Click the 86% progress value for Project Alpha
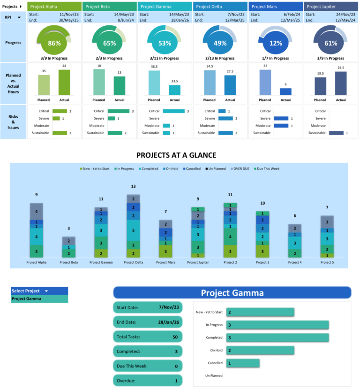click(54, 43)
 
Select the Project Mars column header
click(276, 7)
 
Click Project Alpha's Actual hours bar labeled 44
click(64, 83)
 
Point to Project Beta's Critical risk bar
click(119, 111)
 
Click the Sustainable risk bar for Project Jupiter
click(336, 133)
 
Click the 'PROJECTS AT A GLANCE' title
click(176, 155)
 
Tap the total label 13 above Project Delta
click(133, 186)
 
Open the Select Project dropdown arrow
click(46, 291)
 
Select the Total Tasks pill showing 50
click(147, 336)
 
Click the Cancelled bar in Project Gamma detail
click(243, 363)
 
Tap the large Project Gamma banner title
click(232, 293)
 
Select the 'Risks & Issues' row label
click(13, 122)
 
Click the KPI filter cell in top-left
click(13, 17)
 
